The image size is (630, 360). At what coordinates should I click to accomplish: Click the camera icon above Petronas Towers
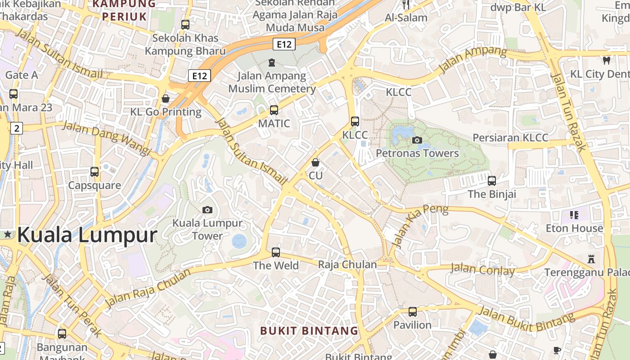(417, 140)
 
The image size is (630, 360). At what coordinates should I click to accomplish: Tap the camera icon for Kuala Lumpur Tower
(207, 210)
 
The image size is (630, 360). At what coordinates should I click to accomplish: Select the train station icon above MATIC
(274, 110)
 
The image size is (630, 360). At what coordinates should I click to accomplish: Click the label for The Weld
(276, 265)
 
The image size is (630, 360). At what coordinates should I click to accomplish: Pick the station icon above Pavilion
(412, 311)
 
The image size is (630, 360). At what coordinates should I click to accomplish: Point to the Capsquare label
(94, 185)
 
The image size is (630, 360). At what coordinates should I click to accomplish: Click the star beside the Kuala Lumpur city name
(8, 234)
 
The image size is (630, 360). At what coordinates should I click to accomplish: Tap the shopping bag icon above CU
(315, 162)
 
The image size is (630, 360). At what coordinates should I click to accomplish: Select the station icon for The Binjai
(492, 181)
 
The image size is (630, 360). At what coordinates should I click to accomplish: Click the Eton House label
(574, 228)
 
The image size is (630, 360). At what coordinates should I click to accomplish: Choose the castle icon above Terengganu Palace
(591, 259)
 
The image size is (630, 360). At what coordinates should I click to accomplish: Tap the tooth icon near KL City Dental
(606, 60)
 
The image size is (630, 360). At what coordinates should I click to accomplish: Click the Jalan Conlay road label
(482, 270)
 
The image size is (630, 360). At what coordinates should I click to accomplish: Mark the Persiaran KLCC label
(510, 138)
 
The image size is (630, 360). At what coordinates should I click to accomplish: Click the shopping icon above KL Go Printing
(166, 99)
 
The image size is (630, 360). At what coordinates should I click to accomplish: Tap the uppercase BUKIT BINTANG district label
(309, 331)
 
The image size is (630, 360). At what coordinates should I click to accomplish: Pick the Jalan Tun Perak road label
(72, 305)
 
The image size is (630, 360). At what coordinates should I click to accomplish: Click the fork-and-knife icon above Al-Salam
(406, 4)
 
